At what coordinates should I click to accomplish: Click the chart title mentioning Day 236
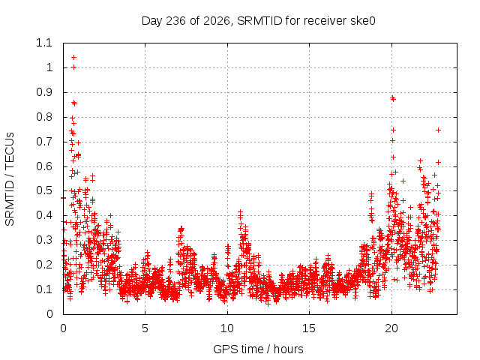(258, 21)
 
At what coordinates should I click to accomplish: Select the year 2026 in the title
(217, 21)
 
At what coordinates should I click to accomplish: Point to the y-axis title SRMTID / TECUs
(10, 179)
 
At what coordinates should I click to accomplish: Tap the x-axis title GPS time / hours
(258, 349)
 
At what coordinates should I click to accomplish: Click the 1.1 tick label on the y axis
(44, 43)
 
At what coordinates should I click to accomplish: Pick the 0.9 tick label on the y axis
(44, 92)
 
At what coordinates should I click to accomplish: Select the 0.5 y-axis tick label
(44, 190)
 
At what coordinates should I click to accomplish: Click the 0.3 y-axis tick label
(44, 240)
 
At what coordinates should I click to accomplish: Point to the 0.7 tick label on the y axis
(44, 142)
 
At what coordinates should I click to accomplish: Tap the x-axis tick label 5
(145, 328)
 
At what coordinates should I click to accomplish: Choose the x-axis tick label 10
(227, 328)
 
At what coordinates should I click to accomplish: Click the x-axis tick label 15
(309, 328)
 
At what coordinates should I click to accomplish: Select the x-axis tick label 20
(391, 328)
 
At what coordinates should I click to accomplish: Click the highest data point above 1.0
(73, 57)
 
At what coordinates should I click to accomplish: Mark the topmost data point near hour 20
(392, 98)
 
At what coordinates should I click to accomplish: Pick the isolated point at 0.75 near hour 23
(438, 130)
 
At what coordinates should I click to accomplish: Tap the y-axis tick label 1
(49, 67)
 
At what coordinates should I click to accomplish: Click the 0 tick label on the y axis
(49, 314)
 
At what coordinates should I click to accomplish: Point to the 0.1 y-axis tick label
(44, 289)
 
